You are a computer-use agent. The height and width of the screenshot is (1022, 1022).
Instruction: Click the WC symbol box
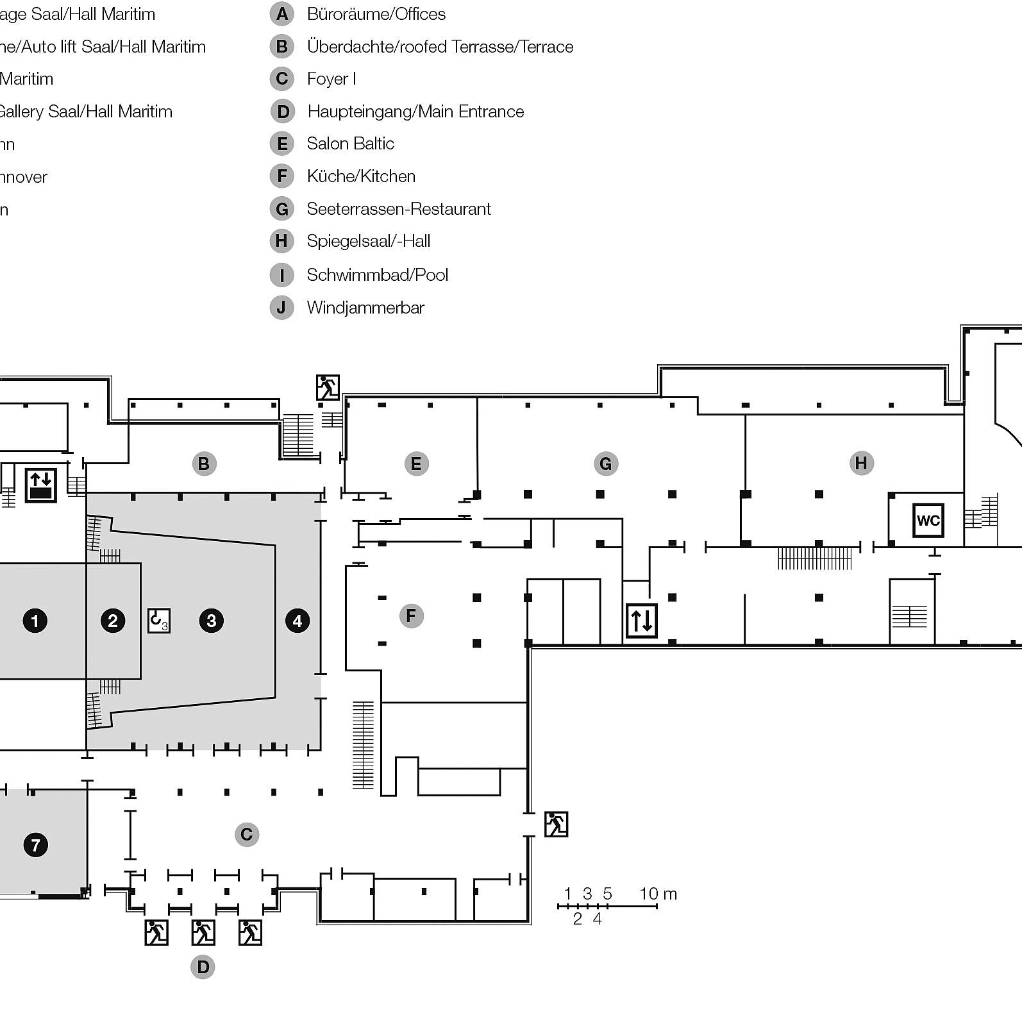click(x=928, y=520)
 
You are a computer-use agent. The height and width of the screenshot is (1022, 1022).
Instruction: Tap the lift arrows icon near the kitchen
click(x=642, y=620)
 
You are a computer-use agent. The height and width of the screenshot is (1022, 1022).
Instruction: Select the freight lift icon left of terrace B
click(x=41, y=484)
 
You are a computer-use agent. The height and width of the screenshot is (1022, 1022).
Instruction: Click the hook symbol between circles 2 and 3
click(x=158, y=620)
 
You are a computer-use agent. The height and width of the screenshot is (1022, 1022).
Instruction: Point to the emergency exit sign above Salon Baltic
click(x=328, y=387)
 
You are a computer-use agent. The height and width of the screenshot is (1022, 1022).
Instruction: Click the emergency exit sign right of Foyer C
click(x=556, y=824)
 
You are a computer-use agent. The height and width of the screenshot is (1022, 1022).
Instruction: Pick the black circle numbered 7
click(x=35, y=844)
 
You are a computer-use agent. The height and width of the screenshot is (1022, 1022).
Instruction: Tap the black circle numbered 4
click(x=297, y=620)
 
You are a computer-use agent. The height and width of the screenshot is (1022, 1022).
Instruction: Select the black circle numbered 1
click(x=35, y=620)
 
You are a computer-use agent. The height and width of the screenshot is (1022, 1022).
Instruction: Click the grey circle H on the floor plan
click(x=861, y=463)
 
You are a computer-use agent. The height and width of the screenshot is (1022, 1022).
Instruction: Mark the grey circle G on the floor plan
click(x=605, y=464)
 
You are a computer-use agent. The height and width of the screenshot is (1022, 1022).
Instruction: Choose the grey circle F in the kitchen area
click(x=411, y=616)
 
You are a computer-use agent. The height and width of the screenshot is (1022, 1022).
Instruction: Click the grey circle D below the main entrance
click(x=203, y=967)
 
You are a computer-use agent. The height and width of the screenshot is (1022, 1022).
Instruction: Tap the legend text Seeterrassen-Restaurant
click(x=398, y=209)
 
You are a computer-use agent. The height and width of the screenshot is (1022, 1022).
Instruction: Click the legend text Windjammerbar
click(x=365, y=308)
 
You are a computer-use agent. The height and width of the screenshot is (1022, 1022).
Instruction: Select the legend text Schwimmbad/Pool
click(x=377, y=275)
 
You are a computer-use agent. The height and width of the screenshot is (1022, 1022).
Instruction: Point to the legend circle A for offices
click(x=281, y=14)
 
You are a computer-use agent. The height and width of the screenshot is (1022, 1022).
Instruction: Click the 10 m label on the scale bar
click(x=658, y=893)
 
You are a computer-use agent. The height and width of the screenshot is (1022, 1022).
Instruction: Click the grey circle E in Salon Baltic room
click(x=415, y=464)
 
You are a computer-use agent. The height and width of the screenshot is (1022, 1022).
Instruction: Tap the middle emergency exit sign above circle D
click(x=203, y=932)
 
